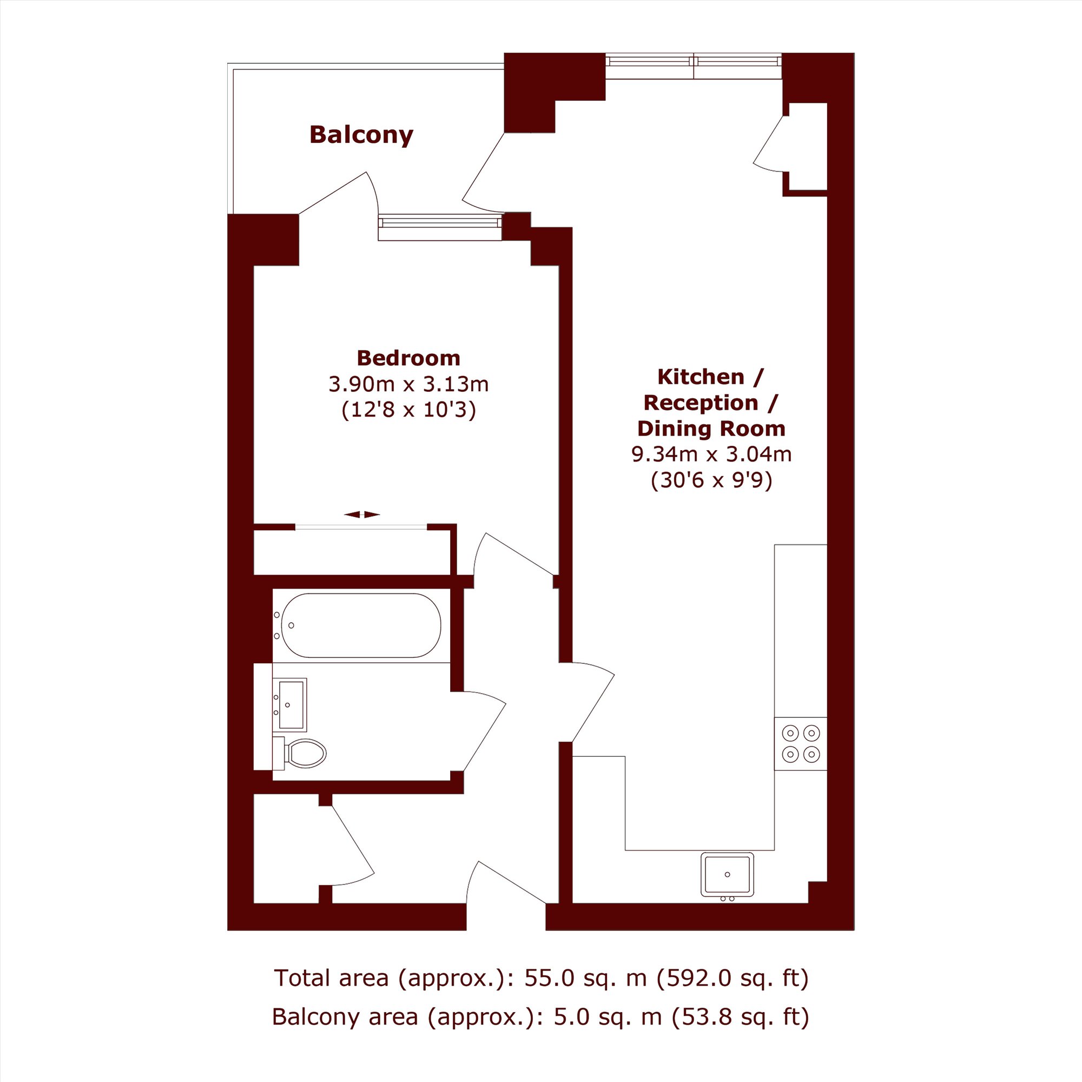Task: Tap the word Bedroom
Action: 408,358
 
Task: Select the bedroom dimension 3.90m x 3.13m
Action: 408,384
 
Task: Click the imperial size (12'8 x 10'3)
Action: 408,410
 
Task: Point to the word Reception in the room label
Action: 701,403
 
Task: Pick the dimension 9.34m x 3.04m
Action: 711,454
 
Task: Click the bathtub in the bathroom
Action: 361,625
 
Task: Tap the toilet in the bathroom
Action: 300,753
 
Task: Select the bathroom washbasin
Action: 291,704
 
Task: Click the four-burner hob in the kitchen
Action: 800,744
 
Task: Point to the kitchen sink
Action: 728,876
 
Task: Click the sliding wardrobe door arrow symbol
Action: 362,514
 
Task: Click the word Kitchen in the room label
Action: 701,377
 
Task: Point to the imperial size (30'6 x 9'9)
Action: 711,480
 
